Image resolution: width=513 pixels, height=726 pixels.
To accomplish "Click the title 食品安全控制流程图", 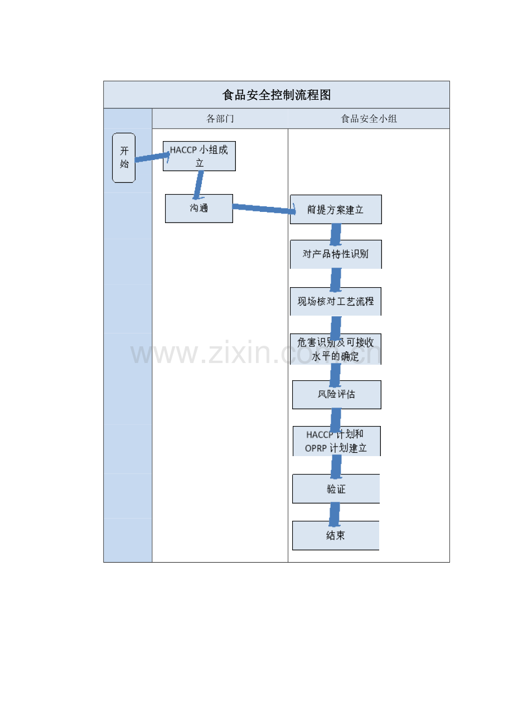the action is click(276, 95).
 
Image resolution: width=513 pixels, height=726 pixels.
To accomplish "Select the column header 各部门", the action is click(220, 119).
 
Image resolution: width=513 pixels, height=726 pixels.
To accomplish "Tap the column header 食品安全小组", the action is click(369, 119).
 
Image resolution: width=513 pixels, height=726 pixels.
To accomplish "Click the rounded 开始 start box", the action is click(124, 158).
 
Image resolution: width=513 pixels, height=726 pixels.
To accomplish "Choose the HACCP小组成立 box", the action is click(199, 156).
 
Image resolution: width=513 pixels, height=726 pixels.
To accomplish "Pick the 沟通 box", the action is click(199, 209).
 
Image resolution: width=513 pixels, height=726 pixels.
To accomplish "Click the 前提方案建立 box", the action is click(336, 209).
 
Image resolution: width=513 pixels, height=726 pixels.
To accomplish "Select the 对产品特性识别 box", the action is click(336, 254).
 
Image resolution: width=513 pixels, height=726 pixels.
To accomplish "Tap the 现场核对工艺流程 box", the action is click(336, 302).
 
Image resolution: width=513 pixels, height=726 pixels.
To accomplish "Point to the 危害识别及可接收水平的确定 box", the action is click(336, 349).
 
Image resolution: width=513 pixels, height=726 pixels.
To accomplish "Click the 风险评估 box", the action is click(336, 394).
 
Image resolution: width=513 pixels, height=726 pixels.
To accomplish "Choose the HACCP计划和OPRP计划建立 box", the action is click(336, 441).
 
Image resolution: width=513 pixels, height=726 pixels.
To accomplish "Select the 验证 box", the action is click(336, 489).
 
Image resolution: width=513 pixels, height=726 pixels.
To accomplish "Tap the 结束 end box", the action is click(336, 535).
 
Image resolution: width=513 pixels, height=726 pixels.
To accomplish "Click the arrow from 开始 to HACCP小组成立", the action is click(152, 157).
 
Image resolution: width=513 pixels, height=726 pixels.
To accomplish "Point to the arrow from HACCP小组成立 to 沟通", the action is click(199, 185).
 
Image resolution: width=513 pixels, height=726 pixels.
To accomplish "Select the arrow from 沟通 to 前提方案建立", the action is click(264, 209).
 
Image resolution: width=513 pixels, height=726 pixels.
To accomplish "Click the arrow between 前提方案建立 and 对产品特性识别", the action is click(336, 235).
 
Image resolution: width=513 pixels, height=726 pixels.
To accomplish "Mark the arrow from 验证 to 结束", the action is click(335, 515).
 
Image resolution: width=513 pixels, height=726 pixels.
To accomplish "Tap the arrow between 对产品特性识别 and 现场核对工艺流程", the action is click(336, 280).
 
